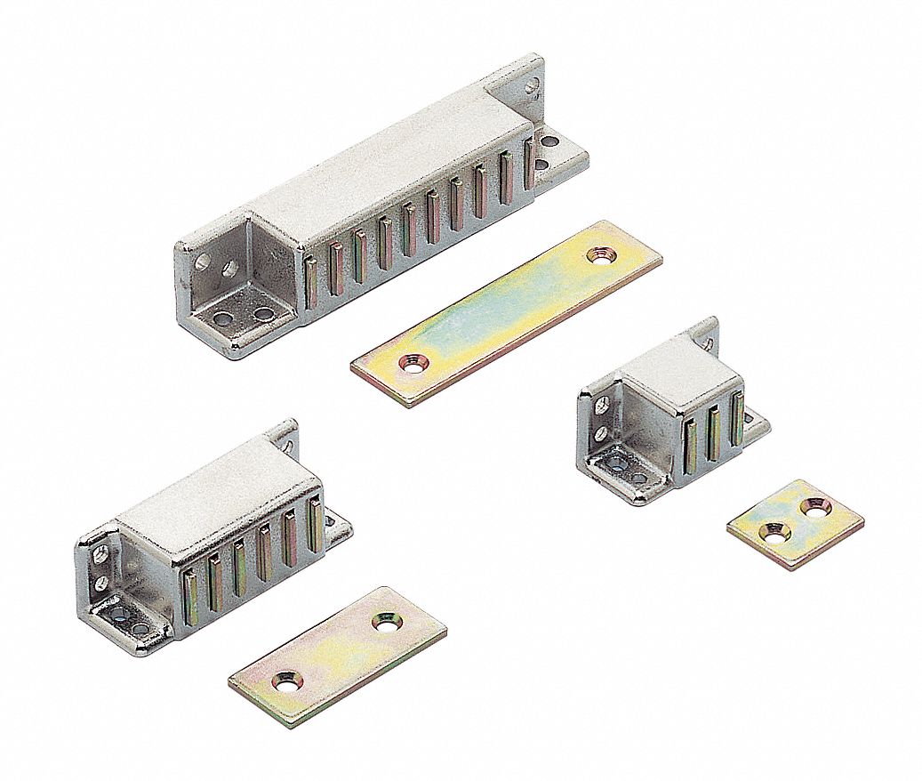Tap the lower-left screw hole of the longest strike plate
point(411,363)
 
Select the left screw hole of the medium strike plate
point(286,680)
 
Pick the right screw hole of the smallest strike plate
point(814,506)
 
